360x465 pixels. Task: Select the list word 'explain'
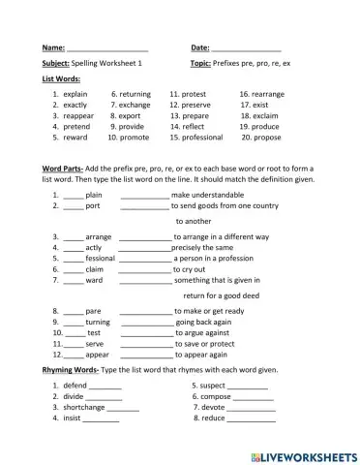click(x=75, y=94)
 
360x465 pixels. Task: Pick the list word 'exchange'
click(x=134, y=105)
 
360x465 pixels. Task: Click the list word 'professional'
click(x=202, y=138)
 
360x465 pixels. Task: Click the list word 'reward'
click(x=75, y=138)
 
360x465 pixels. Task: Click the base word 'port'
click(x=93, y=206)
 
